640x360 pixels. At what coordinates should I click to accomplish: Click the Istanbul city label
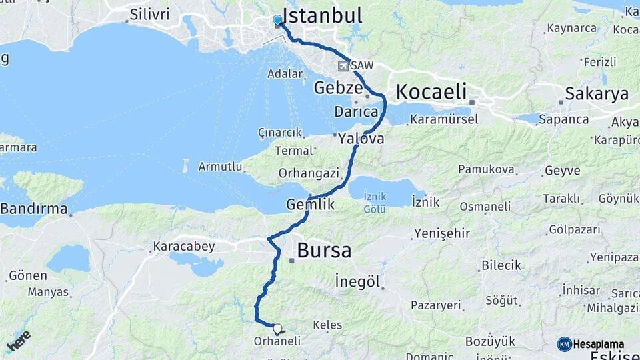(x=322, y=15)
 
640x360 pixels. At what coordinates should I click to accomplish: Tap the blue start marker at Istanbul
(x=277, y=21)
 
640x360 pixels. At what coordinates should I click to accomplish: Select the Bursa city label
(x=324, y=251)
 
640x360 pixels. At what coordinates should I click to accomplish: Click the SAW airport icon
(x=343, y=66)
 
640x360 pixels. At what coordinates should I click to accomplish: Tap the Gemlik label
(x=310, y=205)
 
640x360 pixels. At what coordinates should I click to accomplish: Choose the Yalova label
(x=361, y=139)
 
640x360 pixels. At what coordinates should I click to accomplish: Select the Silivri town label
(x=150, y=14)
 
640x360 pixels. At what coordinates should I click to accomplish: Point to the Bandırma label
(x=34, y=209)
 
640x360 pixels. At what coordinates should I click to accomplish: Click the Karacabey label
(x=184, y=247)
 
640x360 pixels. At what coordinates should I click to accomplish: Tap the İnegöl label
(x=357, y=281)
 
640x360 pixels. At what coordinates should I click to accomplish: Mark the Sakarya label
(x=597, y=94)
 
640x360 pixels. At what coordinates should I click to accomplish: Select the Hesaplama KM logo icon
(x=564, y=344)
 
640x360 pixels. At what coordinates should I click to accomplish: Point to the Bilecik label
(x=501, y=265)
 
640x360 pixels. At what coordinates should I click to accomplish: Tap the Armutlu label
(x=220, y=167)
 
